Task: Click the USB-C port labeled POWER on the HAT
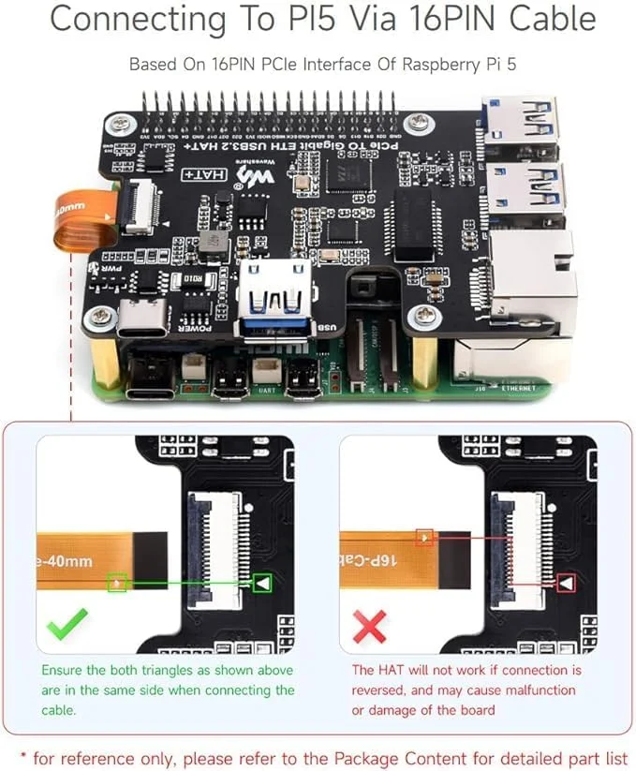click(x=142, y=319)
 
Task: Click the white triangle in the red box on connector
click(x=566, y=583)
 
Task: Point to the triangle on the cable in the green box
click(x=117, y=583)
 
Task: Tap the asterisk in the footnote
click(x=24, y=755)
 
